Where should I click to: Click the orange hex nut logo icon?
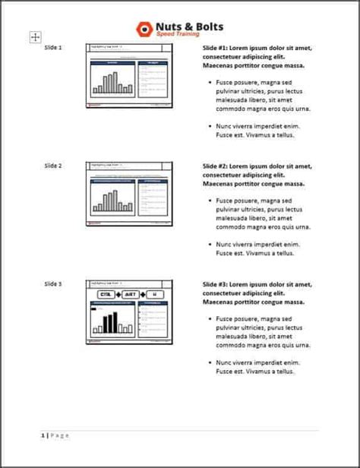pyautogui.click(x=144, y=29)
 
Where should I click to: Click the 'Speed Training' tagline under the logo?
pyautogui.click(x=178, y=34)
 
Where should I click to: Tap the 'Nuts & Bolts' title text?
pyautogui.click(x=189, y=26)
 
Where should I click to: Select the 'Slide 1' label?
pyautogui.click(x=53, y=48)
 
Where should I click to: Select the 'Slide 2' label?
pyautogui.click(x=53, y=166)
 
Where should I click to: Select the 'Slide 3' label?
pyautogui.click(x=53, y=283)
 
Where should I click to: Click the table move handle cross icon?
pyautogui.click(x=36, y=36)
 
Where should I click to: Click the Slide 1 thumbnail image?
pyautogui.click(x=129, y=76)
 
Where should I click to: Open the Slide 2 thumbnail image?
pyautogui.click(x=129, y=194)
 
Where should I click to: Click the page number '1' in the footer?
pyautogui.click(x=43, y=435)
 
